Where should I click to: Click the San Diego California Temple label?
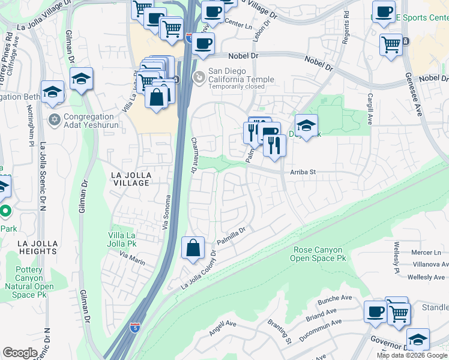pyautogui.click(x=241, y=75)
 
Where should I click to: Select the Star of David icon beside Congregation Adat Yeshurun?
pyautogui.click(x=55, y=119)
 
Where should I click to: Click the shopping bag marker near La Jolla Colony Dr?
pyautogui.click(x=193, y=247)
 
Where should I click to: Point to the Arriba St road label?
pyautogui.click(x=303, y=172)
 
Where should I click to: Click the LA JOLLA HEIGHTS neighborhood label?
pyautogui.click(x=37, y=247)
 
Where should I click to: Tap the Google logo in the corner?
pyautogui.click(x=20, y=353)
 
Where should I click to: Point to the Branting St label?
pyautogui.click(x=280, y=332)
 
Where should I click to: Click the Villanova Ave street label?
pyautogui.click(x=427, y=264)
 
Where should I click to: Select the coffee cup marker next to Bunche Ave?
pyautogui.click(x=375, y=311)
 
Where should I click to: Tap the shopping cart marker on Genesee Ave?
pyautogui.click(x=391, y=43)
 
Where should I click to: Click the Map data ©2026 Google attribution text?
pyautogui.click(x=412, y=355)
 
